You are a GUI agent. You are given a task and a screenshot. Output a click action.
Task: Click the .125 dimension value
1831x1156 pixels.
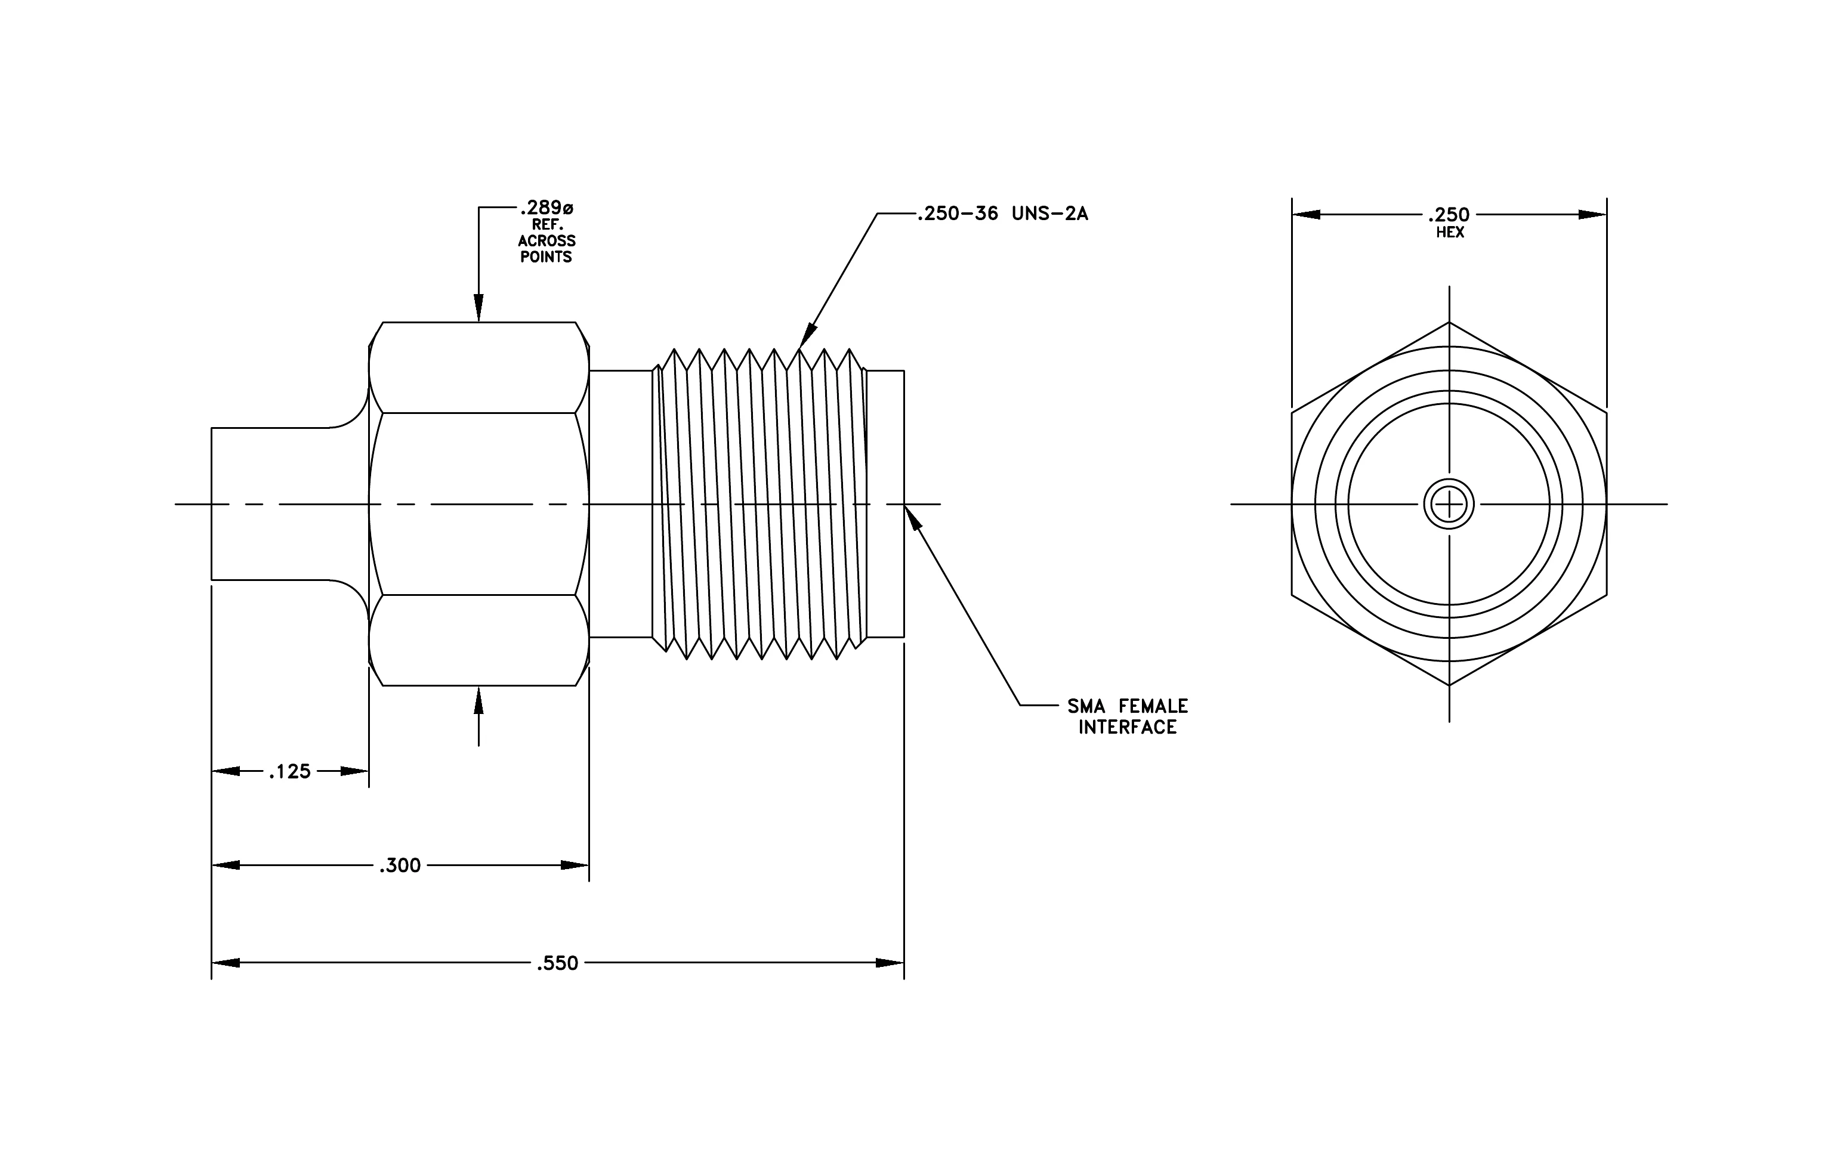tap(290, 771)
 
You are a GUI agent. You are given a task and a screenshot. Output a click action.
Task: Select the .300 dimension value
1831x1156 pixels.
tap(400, 865)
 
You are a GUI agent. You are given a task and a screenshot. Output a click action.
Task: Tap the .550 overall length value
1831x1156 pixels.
tap(557, 963)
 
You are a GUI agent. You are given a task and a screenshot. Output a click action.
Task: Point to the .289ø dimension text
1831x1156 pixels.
tap(546, 208)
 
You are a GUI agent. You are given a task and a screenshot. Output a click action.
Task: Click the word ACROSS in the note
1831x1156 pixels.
tap(546, 241)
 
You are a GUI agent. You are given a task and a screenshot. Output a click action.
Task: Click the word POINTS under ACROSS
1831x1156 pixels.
tap(546, 257)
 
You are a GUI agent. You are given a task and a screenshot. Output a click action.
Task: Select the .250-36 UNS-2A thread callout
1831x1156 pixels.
tap(1002, 214)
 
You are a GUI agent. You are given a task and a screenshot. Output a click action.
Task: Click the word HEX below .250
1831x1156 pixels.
tap(1450, 233)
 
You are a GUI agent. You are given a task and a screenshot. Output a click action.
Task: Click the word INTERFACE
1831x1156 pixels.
tap(1127, 727)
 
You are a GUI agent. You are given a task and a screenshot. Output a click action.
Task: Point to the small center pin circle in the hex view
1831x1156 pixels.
tap(1449, 504)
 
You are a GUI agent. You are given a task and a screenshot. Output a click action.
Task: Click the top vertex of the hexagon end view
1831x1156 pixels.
tap(1449, 322)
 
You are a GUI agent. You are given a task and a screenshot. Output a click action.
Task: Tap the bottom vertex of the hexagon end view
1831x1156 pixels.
tap(1449, 685)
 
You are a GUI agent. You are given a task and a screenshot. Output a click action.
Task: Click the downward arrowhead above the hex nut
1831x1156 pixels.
tap(478, 308)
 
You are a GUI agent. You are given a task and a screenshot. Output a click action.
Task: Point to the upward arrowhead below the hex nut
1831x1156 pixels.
tap(478, 700)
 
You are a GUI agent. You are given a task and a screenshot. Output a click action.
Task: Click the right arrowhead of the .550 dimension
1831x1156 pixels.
tap(890, 963)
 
